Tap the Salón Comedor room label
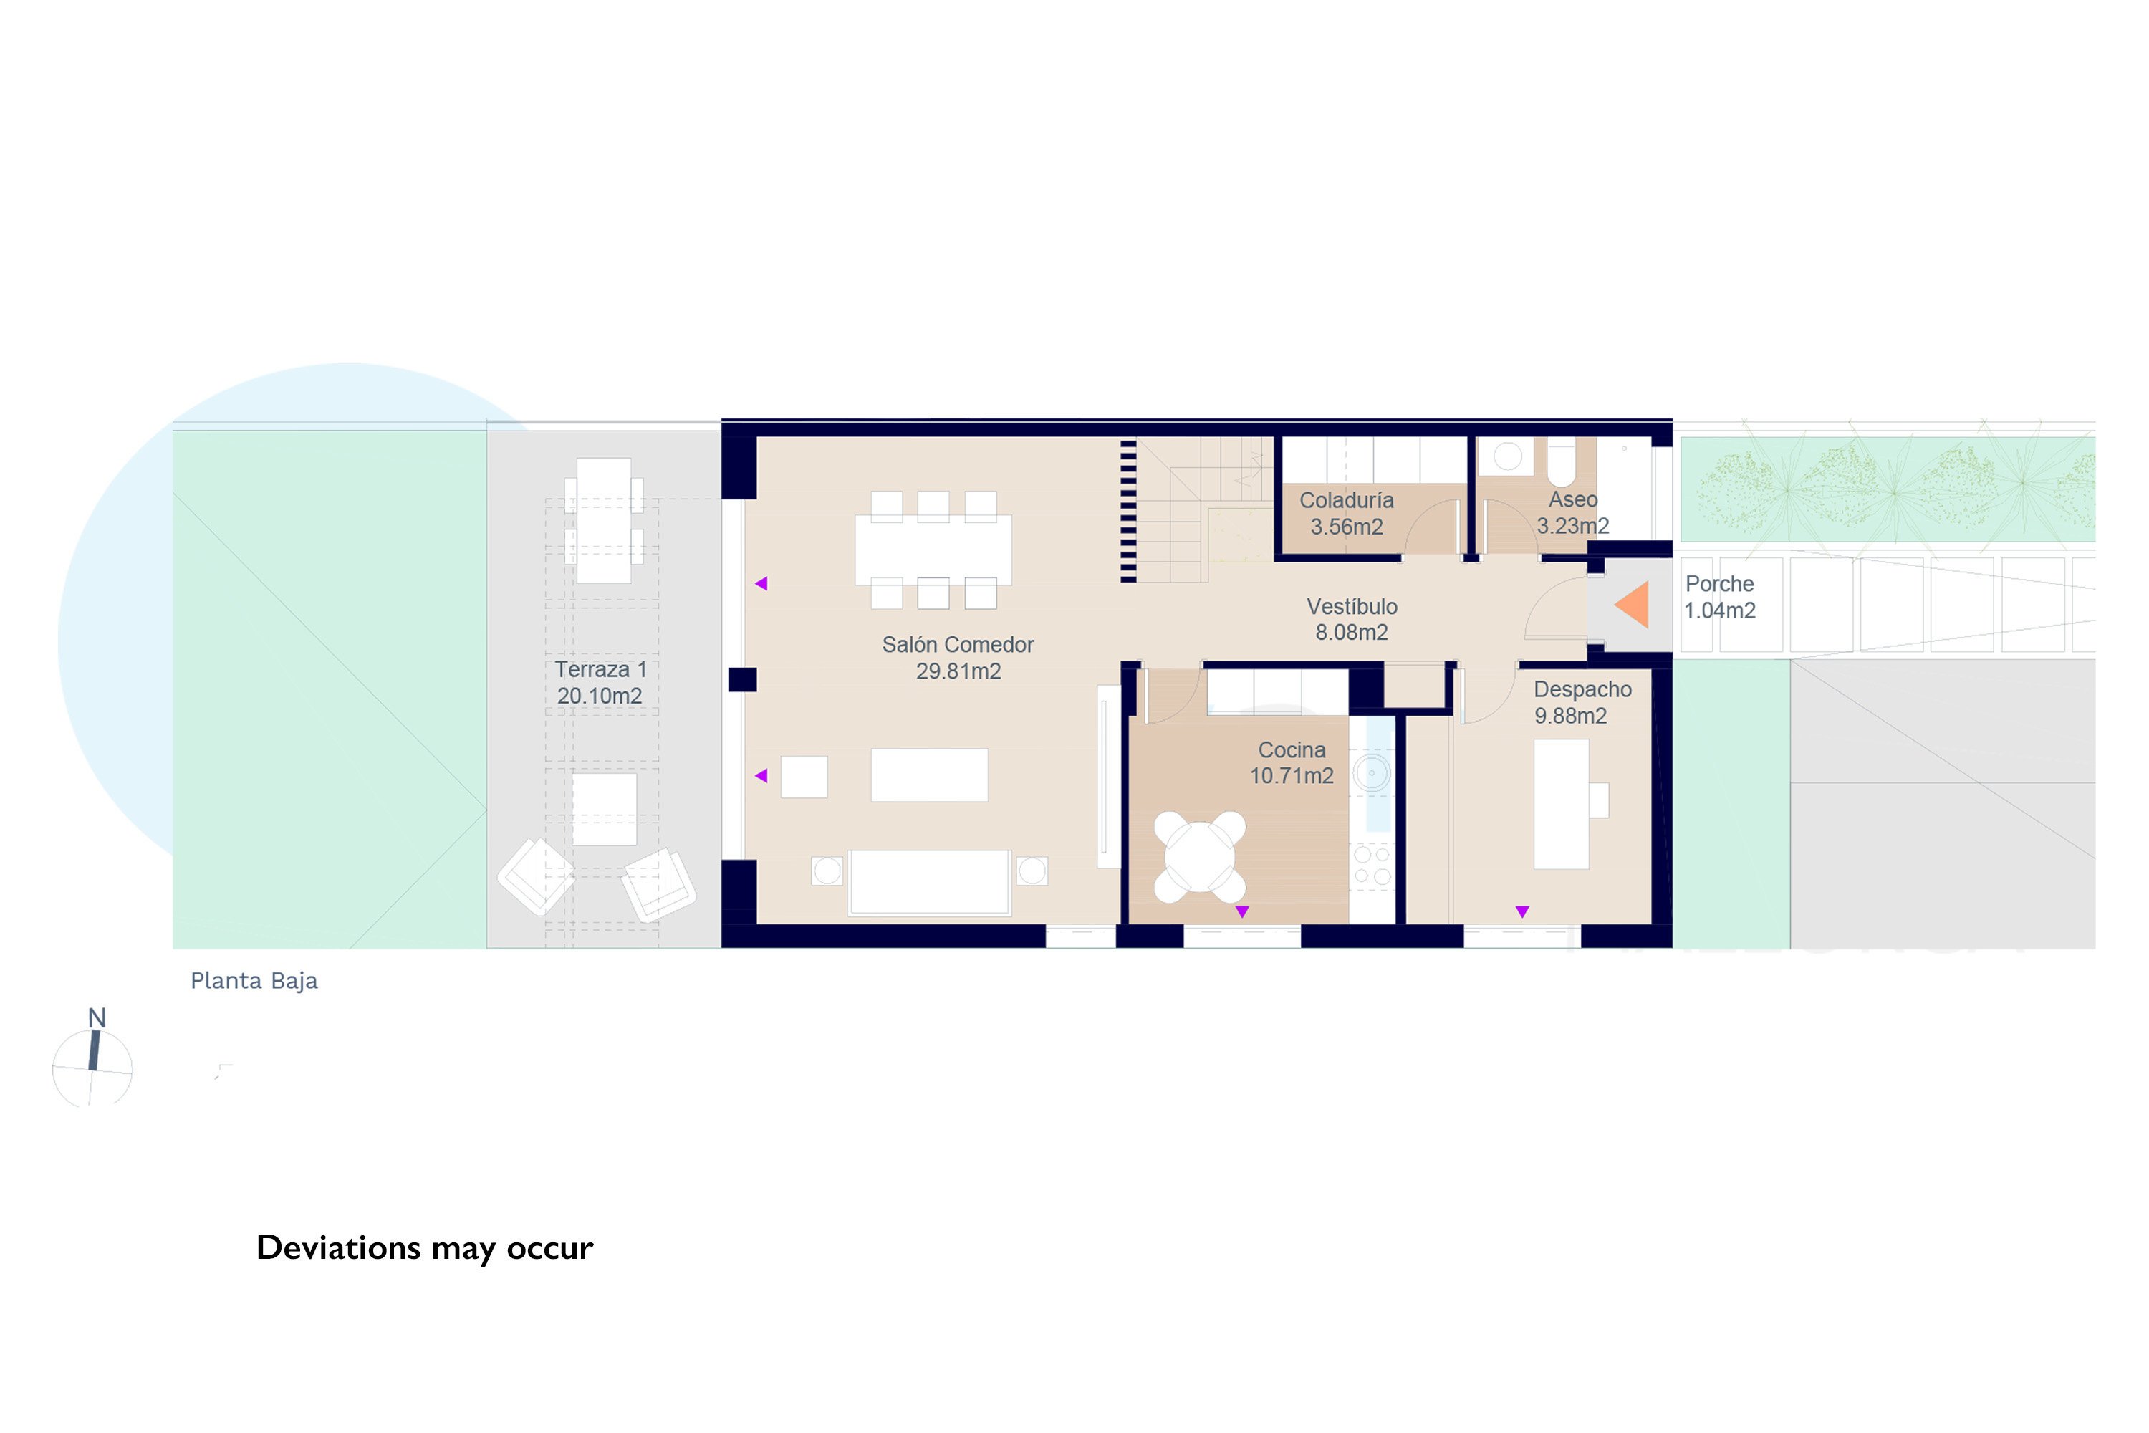pyautogui.click(x=958, y=658)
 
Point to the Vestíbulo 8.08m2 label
pyautogui.click(x=1351, y=620)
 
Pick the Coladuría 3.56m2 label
pyautogui.click(x=1347, y=514)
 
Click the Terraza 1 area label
pyautogui.click(x=600, y=683)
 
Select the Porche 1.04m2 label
pyautogui.click(x=1720, y=597)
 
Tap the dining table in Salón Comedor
pyautogui.click(x=933, y=550)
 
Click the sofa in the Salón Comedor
pyautogui.click(x=929, y=882)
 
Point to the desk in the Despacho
pyautogui.click(x=1561, y=804)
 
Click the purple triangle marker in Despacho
pyautogui.click(x=1522, y=911)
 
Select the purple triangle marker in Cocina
pyautogui.click(x=1241, y=911)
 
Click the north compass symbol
pyautogui.click(x=92, y=1061)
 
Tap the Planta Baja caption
pyautogui.click(x=254, y=981)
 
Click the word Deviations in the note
pyautogui.click(x=338, y=1247)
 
